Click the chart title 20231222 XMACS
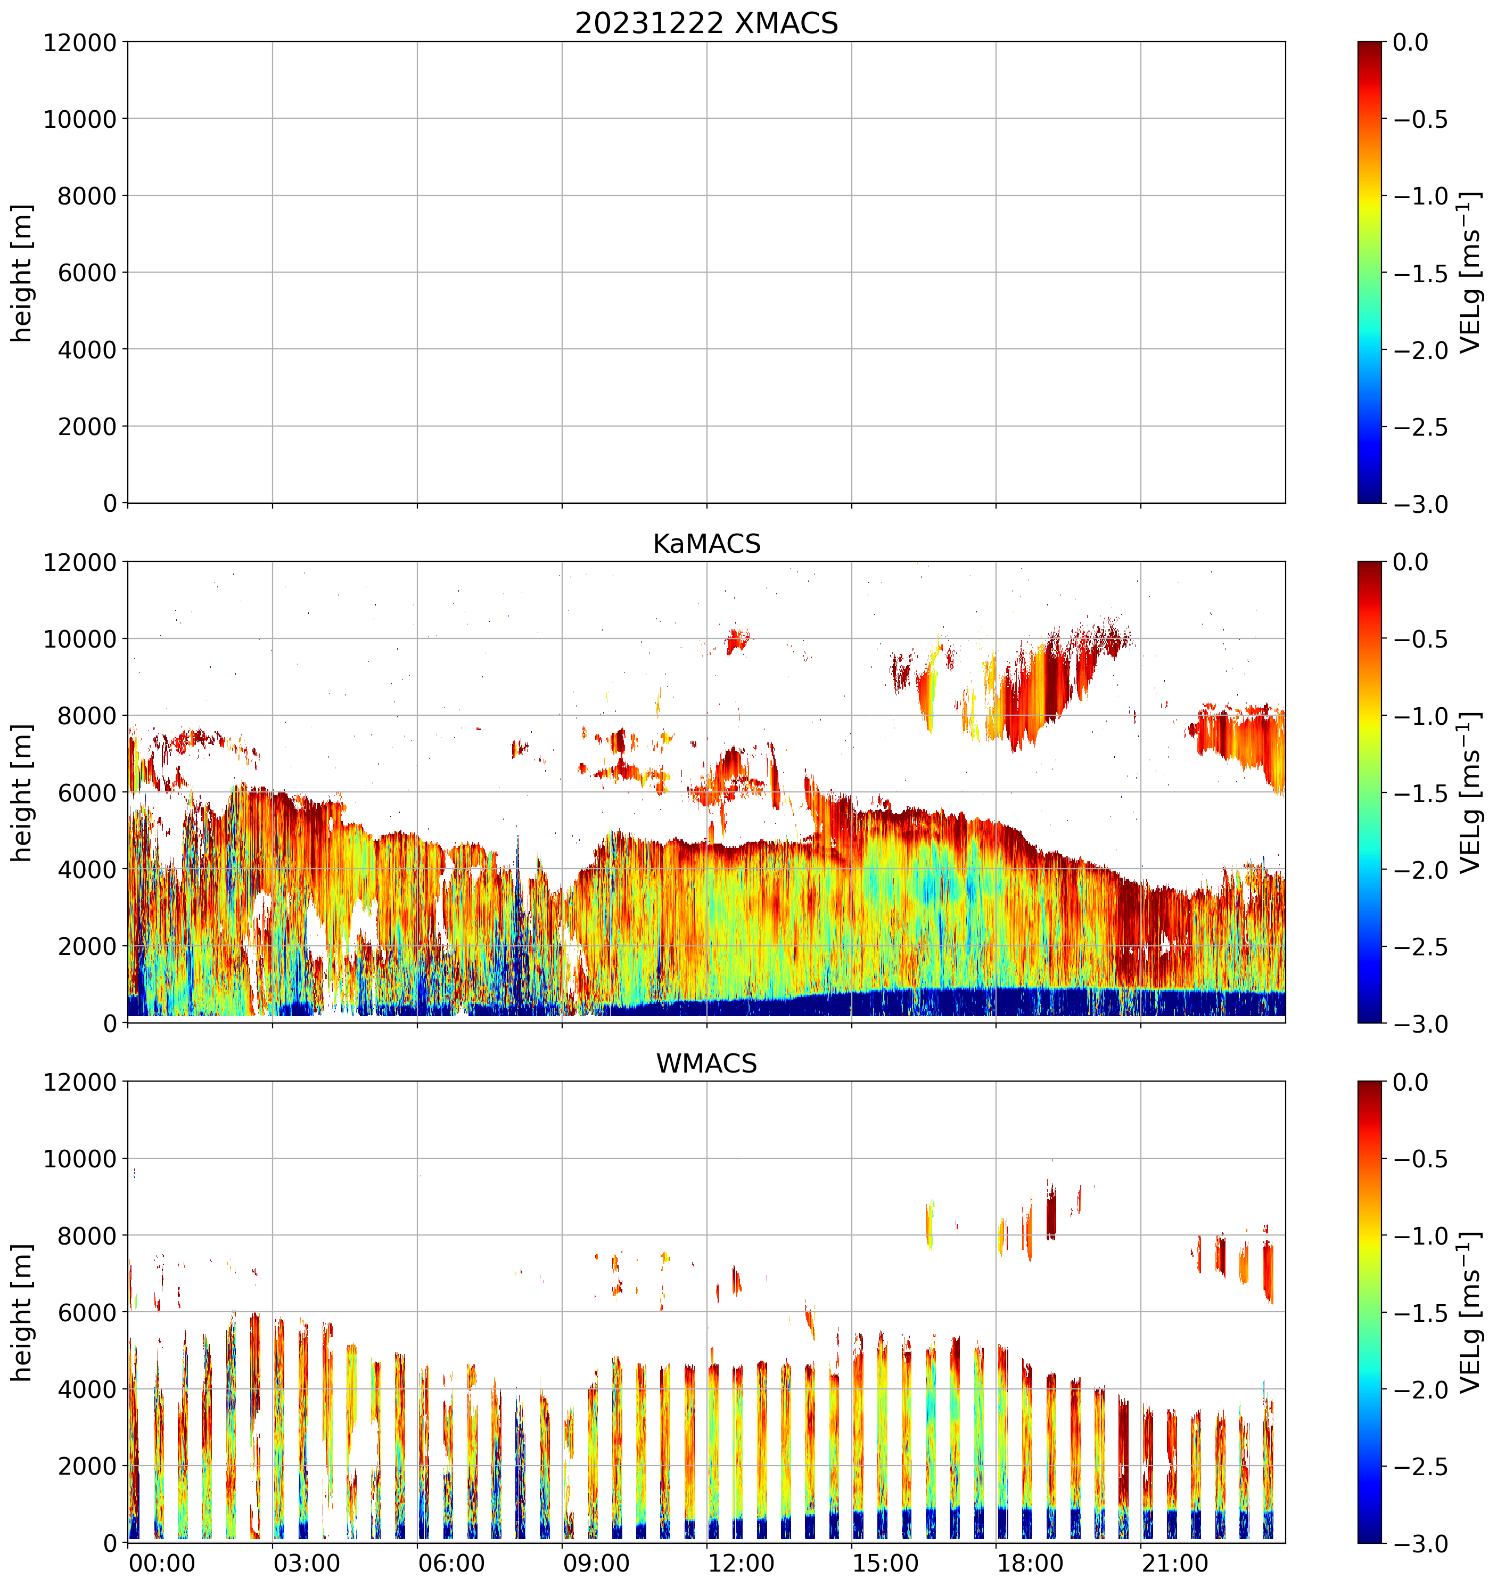[706, 23]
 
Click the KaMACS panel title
[706, 544]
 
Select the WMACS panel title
[706, 1064]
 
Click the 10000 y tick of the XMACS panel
[80, 119]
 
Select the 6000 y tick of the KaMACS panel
[88, 793]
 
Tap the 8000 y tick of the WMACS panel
[88, 1236]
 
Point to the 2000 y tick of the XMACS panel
[88, 426]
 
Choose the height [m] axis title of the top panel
[22, 272]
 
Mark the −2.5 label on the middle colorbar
[1420, 947]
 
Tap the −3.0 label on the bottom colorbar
[1420, 1543]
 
